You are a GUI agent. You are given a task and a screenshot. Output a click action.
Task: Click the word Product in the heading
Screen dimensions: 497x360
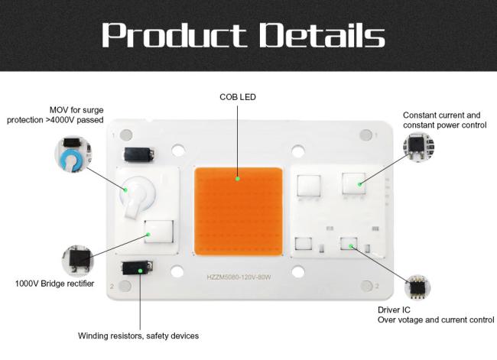pos(174,35)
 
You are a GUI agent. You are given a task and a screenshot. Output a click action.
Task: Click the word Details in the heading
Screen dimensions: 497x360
pos(323,35)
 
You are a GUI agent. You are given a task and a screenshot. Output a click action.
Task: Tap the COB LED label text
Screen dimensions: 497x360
pos(238,97)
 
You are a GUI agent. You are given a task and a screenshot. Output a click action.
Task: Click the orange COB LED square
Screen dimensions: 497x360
pos(239,211)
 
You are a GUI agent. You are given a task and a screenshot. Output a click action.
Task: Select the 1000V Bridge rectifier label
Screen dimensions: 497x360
pos(54,284)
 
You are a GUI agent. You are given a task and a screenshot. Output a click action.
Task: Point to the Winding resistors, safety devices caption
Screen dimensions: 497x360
pos(138,336)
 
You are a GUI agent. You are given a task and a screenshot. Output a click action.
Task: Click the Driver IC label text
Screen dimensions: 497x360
pos(394,310)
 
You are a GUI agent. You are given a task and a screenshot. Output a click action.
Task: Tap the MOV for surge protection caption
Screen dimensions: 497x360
pos(56,115)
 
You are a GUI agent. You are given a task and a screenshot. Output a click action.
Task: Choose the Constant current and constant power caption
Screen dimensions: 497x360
pos(445,120)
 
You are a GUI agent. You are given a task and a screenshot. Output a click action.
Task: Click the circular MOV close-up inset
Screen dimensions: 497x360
pos(73,154)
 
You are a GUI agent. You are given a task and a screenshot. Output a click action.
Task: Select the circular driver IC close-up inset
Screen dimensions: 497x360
pos(417,287)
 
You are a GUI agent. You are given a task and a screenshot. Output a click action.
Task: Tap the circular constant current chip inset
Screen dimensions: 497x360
pos(418,147)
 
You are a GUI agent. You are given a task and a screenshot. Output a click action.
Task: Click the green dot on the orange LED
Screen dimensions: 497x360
pos(238,178)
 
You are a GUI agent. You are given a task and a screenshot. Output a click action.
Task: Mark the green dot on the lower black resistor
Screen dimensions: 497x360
pos(140,271)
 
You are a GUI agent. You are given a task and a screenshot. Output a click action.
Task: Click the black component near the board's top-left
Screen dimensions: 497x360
pos(139,154)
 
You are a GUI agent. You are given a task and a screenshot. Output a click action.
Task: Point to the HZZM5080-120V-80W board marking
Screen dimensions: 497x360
pos(239,277)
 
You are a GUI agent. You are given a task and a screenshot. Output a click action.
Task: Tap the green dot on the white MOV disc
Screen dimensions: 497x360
pos(125,190)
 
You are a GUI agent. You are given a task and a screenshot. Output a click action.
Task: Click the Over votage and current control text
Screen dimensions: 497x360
pos(436,320)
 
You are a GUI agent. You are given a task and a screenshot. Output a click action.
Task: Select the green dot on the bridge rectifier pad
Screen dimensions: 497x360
pos(148,235)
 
